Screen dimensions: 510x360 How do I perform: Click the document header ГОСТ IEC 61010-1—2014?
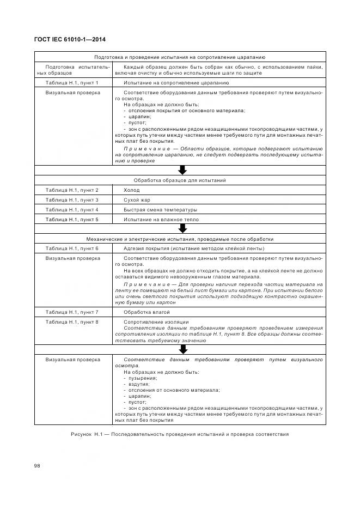coord(70,40)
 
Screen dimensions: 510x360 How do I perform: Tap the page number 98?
coord(38,465)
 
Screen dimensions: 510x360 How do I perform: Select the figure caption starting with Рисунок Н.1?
coord(180,434)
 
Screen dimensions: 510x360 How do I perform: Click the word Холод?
coord(131,190)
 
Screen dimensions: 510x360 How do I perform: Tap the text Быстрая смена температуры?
coord(160,210)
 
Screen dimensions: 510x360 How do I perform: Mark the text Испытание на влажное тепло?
coord(161,220)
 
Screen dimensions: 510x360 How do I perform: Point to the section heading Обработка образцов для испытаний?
coord(180,180)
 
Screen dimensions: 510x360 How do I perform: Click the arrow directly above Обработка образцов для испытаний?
coord(182,170)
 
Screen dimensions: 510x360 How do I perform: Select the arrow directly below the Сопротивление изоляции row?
coord(182,349)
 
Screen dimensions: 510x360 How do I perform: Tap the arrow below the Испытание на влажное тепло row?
coord(182,229)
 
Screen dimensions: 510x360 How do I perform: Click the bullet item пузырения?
coord(142,378)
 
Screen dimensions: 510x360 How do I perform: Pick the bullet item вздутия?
coord(139,384)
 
